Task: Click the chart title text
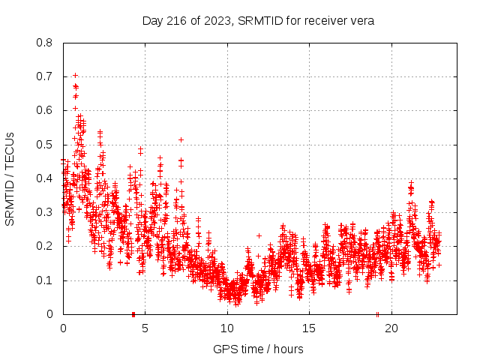point(258,20)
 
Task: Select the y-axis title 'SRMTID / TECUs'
point(10,178)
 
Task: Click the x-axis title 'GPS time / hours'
point(258,349)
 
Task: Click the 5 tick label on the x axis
point(145,328)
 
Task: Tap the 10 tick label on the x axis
point(227,328)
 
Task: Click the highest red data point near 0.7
point(75,75)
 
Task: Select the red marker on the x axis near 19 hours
point(377,313)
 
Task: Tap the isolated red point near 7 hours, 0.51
point(181,139)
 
